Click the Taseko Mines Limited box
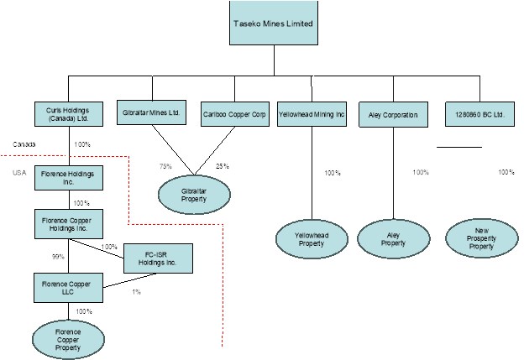pyautogui.click(x=272, y=23)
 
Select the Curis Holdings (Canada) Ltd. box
pyautogui.click(x=68, y=114)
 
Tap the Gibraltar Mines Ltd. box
pyautogui.click(x=152, y=114)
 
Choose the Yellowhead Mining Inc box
pyautogui.click(x=312, y=114)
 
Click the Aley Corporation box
pyautogui.click(x=393, y=114)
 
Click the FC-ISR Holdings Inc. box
pyautogui.click(x=158, y=258)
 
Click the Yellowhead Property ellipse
pyautogui.click(x=312, y=239)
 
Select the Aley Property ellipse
pyautogui.click(x=393, y=239)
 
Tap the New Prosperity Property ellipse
pyautogui.click(x=481, y=239)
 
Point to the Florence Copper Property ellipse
pyautogui.click(x=68, y=339)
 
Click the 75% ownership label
pyautogui.click(x=165, y=166)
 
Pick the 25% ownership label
pyautogui.click(x=223, y=166)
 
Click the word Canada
pyautogui.click(x=24, y=144)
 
